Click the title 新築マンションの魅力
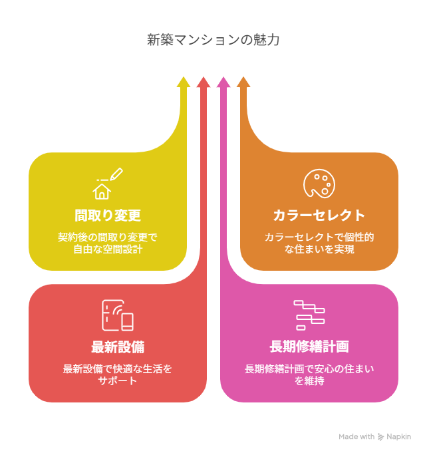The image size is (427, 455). click(x=213, y=40)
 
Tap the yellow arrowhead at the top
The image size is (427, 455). click(x=184, y=82)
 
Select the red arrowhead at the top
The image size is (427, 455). click(x=204, y=82)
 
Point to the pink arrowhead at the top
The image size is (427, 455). click(x=223, y=82)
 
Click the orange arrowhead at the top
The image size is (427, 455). click(x=243, y=82)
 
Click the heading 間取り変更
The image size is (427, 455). click(x=108, y=216)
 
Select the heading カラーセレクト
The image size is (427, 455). click(x=319, y=216)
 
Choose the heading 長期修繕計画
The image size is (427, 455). click(x=309, y=347)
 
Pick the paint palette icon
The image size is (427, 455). click(x=319, y=184)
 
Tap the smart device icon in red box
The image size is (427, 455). click(x=118, y=316)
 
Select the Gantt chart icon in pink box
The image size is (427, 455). click(x=309, y=315)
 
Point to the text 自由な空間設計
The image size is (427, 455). click(x=108, y=249)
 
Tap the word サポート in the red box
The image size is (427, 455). click(x=118, y=381)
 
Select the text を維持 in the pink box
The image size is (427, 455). click(x=309, y=381)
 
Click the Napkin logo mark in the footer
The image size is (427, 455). click(x=381, y=437)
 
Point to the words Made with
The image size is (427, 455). click(x=356, y=437)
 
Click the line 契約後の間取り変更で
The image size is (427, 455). click(x=108, y=237)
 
